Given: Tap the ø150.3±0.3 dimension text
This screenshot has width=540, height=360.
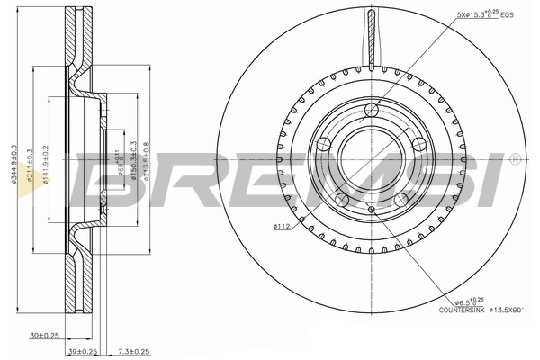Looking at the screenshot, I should (x=133, y=164).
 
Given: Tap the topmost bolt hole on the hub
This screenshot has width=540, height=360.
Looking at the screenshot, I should (x=370, y=111).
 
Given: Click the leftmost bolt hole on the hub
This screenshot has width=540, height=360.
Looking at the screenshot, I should (x=324, y=142).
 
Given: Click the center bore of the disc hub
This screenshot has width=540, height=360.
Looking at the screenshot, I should (x=370, y=157).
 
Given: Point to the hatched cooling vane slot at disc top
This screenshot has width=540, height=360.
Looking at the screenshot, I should (x=370, y=36).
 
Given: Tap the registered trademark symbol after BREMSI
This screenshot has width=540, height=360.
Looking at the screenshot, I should (x=515, y=159).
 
